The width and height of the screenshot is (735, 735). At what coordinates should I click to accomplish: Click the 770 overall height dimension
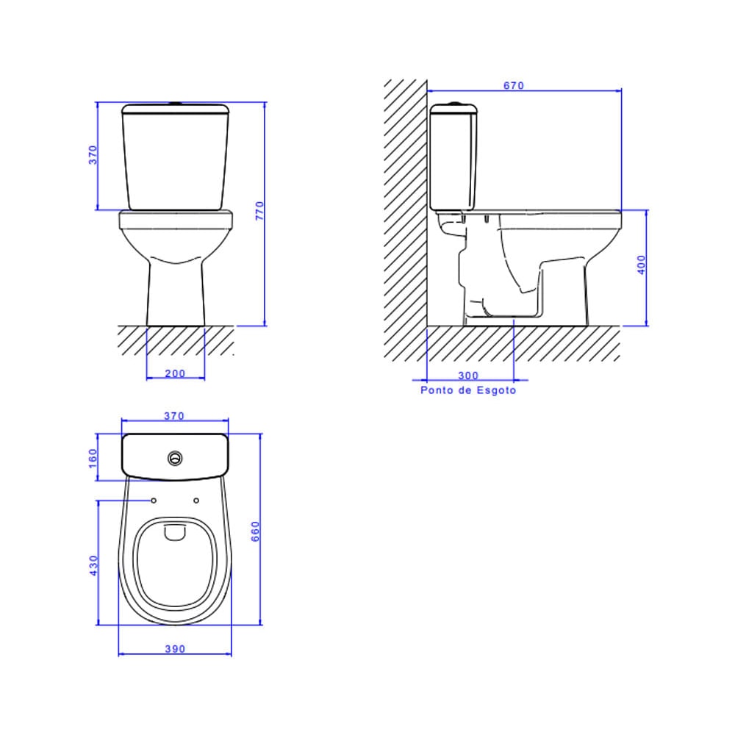tap(258, 213)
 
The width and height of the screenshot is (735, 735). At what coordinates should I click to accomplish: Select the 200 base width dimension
tap(175, 373)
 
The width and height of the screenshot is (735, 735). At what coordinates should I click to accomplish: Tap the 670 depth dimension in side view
tap(513, 85)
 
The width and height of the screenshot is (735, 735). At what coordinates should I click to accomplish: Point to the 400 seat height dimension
tap(641, 265)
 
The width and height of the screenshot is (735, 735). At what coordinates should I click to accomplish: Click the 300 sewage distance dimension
tap(468, 376)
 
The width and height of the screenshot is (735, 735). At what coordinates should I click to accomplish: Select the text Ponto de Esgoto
tap(468, 390)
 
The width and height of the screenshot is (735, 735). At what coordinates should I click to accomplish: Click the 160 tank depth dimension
tap(93, 457)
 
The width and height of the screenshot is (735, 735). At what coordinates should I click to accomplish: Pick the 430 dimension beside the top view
tap(93, 564)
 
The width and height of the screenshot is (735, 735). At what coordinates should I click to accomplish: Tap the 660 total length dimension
tap(255, 531)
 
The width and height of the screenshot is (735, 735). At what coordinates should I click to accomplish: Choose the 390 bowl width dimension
tap(174, 649)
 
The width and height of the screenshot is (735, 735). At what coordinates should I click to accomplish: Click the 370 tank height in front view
tap(93, 155)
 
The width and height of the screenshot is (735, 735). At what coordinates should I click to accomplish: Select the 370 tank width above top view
tap(174, 416)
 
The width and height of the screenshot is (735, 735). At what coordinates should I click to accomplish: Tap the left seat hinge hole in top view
tap(154, 501)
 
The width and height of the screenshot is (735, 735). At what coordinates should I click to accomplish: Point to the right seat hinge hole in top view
tap(196, 501)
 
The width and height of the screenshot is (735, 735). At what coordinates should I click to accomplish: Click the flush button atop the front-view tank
tap(175, 104)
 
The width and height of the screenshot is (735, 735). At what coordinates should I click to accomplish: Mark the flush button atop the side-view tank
tap(455, 104)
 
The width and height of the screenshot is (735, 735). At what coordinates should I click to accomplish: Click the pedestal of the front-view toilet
tap(175, 294)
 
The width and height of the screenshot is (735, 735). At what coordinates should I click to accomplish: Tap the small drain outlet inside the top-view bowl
tap(175, 532)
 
